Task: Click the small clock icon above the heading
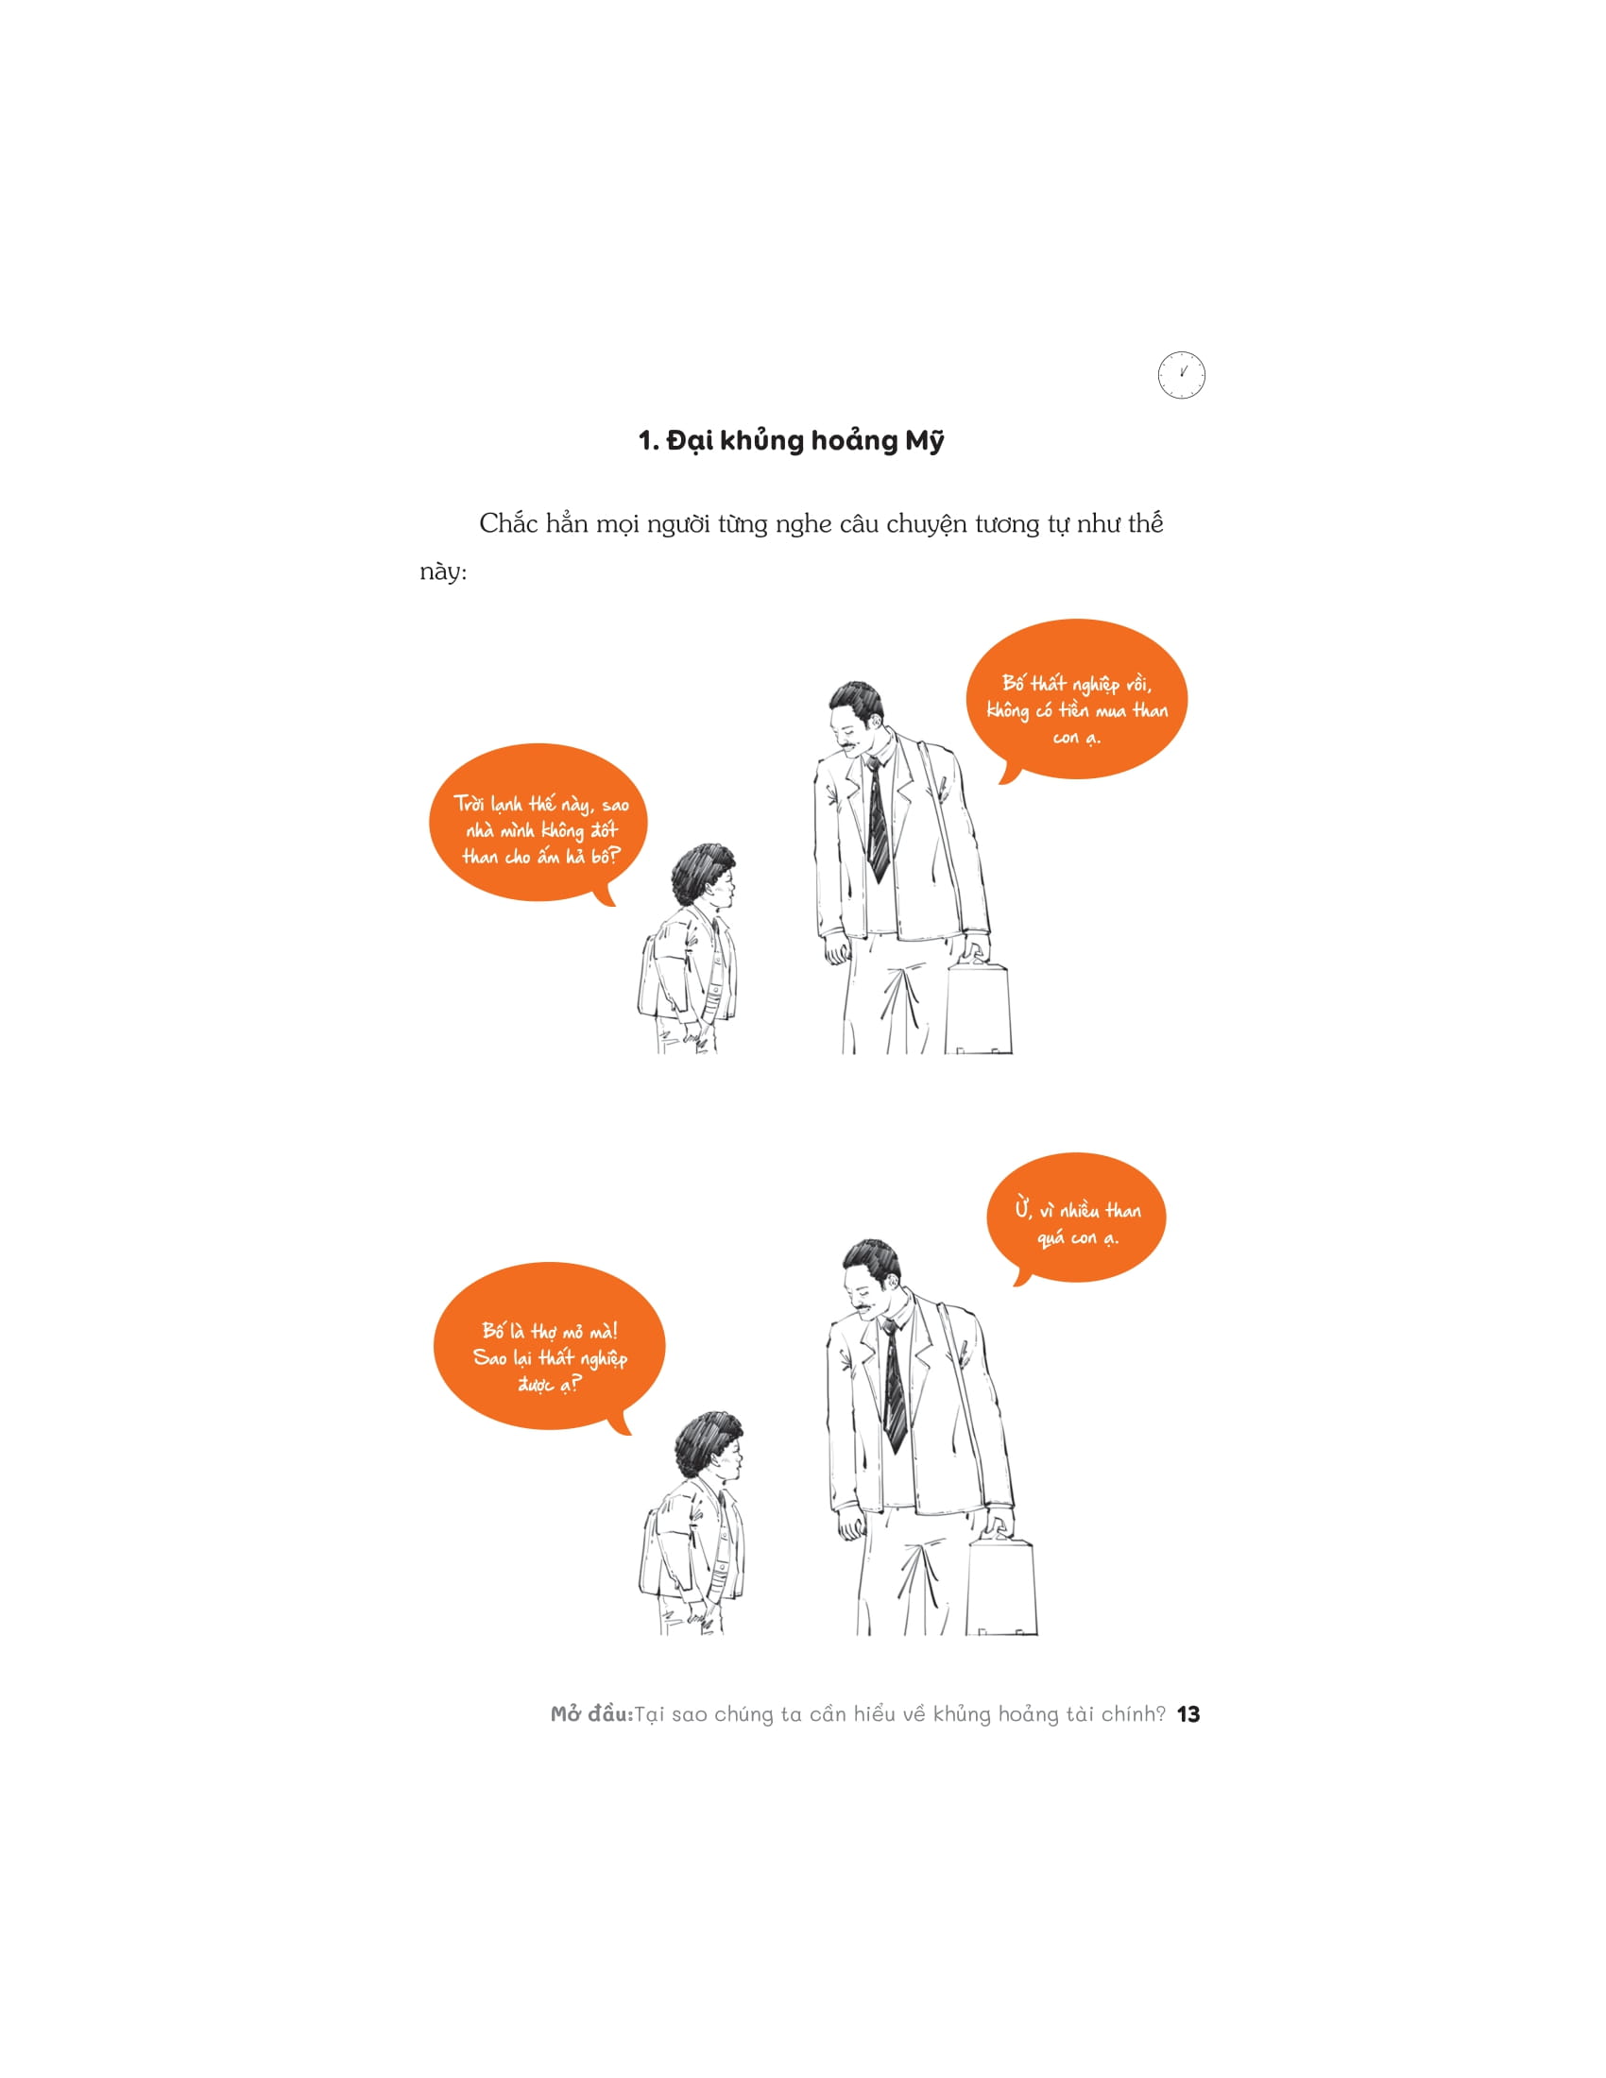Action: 1181,375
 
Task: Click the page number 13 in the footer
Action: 1188,1714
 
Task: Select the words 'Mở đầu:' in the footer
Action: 591,1714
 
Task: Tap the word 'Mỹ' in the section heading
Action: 924,441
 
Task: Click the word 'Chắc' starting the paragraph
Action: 508,523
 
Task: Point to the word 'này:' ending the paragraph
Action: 443,571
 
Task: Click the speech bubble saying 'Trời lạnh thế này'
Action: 538,824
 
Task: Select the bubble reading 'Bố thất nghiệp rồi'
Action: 1076,702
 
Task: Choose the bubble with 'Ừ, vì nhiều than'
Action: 1076,1218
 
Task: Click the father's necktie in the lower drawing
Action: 894,1386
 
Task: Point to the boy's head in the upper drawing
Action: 704,876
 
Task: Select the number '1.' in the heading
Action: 648,441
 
